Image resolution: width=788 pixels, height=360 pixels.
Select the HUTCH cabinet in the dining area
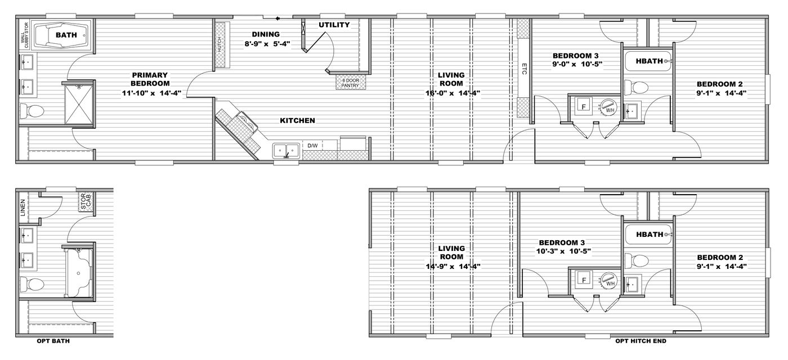click(x=220, y=46)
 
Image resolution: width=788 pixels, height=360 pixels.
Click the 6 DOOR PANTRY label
click(x=351, y=83)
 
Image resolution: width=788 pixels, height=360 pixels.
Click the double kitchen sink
click(x=286, y=150)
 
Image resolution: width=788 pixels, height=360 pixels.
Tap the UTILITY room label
click(x=334, y=25)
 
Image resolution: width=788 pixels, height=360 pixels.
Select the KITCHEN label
click(x=297, y=120)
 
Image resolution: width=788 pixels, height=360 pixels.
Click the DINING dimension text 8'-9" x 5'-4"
click(x=267, y=43)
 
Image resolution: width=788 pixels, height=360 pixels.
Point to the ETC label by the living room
click(x=523, y=69)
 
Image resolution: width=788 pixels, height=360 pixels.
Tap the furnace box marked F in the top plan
click(x=584, y=106)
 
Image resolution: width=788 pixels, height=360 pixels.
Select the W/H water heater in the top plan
click(x=608, y=107)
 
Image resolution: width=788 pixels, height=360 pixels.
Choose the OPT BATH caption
click(x=53, y=341)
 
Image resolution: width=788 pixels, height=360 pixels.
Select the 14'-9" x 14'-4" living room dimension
click(x=453, y=266)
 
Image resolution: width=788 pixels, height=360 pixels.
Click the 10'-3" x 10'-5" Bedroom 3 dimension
click(x=563, y=251)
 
